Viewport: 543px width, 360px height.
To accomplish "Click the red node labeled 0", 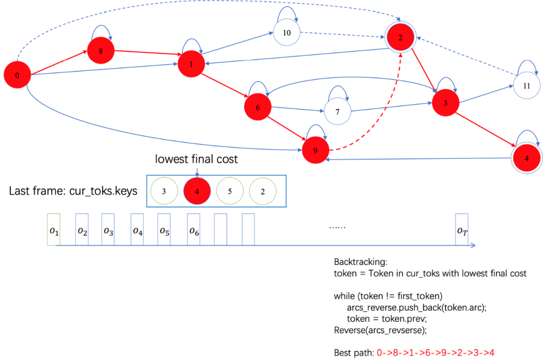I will pyautogui.click(x=17, y=75).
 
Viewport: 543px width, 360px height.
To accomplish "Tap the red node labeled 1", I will pyautogui.click(x=191, y=65).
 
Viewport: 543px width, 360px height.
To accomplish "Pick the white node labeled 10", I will pyautogui.click(x=287, y=33).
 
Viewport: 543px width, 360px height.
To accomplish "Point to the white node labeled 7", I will pyautogui.click(x=337, y=112).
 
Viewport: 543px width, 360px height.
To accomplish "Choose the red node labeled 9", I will pyautogui.click(x=316, y=150).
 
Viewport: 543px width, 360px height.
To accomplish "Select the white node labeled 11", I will pyautogui.click(x=526, y=85).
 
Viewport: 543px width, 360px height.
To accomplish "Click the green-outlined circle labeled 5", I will pyautogui.click(x=230, y=191).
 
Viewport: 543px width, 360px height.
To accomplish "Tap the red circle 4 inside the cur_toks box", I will pyautogui.click(x=197, y=191).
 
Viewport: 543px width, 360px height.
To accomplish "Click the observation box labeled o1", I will pyautogui.click(x=54, y=229).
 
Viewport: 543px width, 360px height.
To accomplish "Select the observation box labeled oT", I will pyautogui.click(x=462, y=230).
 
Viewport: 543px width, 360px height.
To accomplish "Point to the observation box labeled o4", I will pyautogui.click(x=137, y=230).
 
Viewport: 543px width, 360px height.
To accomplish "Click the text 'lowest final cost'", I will pyautogui.click(x=197, y=160).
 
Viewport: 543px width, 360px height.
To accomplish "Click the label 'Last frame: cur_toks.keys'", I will pyautogui.click(x=73, y=191).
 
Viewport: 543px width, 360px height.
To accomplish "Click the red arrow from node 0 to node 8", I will pyautogui.click(x=59, y=62).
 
